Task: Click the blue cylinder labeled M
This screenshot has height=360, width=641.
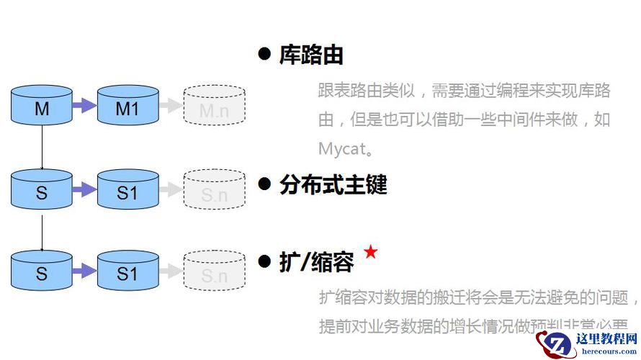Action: click(x=42, y=105)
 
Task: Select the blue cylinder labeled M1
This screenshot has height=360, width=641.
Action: click(x=127, y=105)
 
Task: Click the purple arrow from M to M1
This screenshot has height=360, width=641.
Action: click(x=84, y=106)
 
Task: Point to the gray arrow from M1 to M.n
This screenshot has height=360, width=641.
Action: click(x=170, y=106)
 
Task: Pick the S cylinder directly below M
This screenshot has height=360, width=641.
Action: click(x=42, y=190)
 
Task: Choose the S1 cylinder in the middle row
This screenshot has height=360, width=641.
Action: click(x=127, y=190)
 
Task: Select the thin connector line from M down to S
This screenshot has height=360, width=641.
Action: click(x=42, y=147)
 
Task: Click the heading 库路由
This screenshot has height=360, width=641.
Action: click(x=311, y=55)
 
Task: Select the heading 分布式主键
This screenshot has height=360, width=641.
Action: click(x=333, y=185)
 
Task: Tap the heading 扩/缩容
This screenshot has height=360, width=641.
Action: click(x=316, y=262)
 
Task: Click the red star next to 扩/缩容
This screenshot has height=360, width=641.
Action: click(x=370, y=252)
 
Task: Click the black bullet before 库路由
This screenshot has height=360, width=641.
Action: click(x=264, y=54)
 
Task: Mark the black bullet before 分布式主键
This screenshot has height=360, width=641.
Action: click(x=264, y=184)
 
